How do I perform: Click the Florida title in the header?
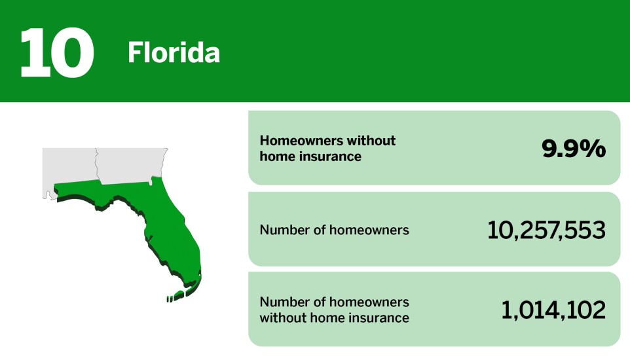click(174, 53)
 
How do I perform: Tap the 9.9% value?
click(574, 149)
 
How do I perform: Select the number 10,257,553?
click(546, 230)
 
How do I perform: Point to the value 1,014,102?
click(553, 310)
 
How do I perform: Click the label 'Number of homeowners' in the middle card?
click(334, 230)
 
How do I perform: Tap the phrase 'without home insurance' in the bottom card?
click(334, 318)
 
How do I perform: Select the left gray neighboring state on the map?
click(69, 167)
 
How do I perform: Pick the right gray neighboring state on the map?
click(131, 164)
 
